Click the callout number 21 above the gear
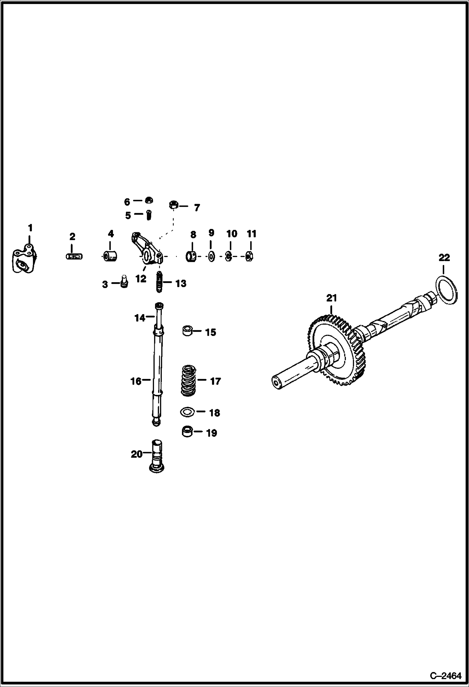point(332,298)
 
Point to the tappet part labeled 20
point(157,456)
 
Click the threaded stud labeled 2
point(75,256)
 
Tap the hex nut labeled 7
point(174,205)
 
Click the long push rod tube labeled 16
point(158,376)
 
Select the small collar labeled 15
point(188,331)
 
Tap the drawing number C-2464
point(446,676)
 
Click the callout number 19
point(212,433)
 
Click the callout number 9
point(211,233)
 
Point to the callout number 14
point(140,318)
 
